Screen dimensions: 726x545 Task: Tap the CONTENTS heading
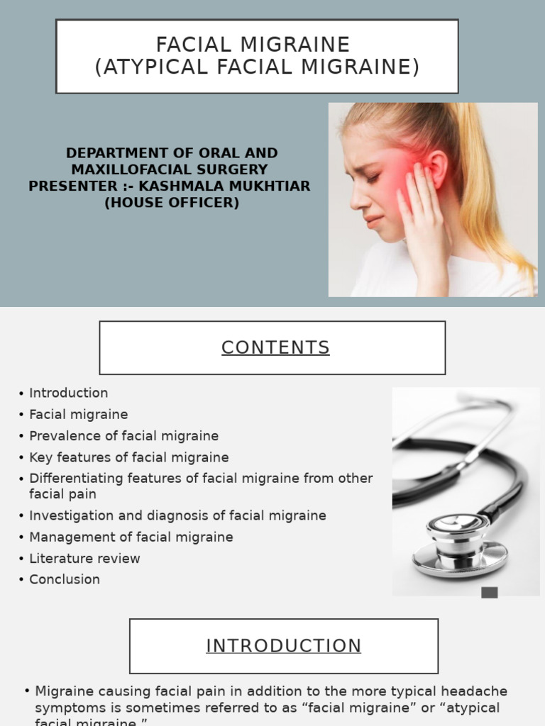click(275, 347)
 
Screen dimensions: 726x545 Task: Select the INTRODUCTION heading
click(283, 646)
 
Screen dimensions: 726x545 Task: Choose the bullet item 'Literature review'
click(84, 558)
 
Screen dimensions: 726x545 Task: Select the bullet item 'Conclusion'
click(65, 579)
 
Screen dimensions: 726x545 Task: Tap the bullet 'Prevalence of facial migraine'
click(123, 436)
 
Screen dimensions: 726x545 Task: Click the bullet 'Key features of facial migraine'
click(128, 457)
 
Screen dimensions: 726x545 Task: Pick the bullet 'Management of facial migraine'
click(131, 537)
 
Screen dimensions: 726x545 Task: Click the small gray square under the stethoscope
click(490, 593)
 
